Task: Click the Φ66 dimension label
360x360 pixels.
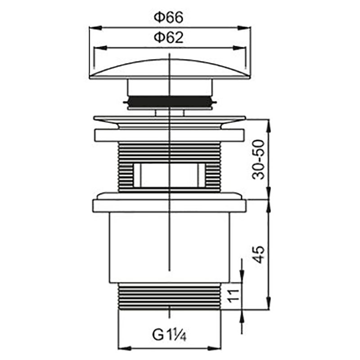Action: (168, 18)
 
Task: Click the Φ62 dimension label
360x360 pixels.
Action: (168, 37)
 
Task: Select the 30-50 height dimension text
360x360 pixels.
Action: (258, 159)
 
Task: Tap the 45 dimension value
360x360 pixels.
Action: (258, 254)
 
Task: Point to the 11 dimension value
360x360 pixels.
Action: (234, 297)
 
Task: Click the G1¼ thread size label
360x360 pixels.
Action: (169, 335)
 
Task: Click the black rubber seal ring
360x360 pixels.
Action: (170, 102)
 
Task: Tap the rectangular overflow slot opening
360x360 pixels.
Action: (170, 175)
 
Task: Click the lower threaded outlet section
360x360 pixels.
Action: (170, 296)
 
